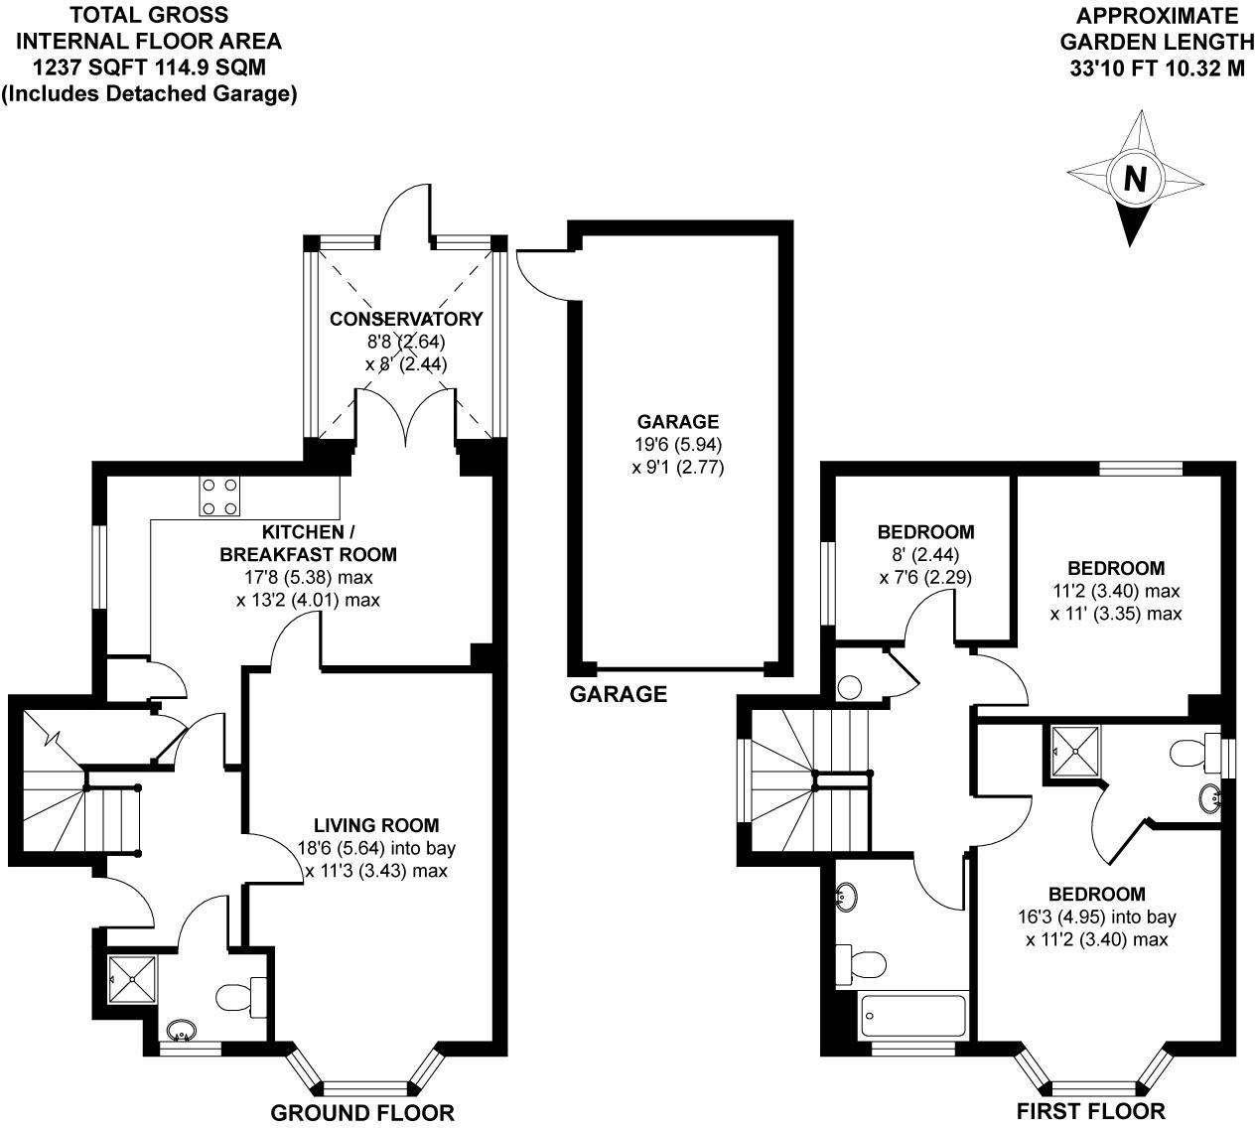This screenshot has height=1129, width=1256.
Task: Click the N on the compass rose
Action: [1135, 180]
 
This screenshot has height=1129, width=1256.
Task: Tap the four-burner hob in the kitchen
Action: [219, 496]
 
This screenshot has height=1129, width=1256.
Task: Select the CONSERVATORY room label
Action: [406, 319]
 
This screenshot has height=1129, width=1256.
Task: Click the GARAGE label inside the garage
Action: [678, 422]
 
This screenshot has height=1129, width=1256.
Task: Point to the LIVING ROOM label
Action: [376, 824]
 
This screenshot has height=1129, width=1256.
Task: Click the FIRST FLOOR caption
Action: [1091, 1111]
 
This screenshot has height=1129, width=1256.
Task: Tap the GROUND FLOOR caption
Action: [362, 1113]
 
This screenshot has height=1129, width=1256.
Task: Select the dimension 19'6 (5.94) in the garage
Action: [678, 444]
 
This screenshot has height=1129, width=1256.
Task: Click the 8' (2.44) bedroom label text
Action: [911, 555]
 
